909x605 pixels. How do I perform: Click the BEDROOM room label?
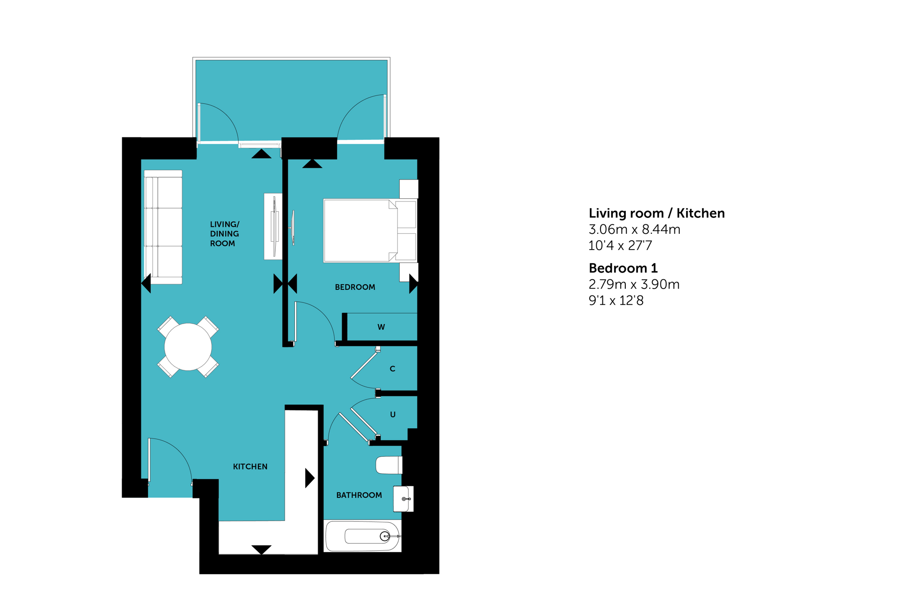(355, 287)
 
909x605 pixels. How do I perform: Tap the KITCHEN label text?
(250, 467)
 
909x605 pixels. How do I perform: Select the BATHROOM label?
(359, 495)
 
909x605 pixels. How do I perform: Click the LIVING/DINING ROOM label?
(225, 234)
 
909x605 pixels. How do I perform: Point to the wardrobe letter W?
(381, 327)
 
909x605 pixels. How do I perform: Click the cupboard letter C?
(393, 369)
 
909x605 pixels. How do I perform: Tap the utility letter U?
(393, 415)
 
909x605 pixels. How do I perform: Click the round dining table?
(188, 347)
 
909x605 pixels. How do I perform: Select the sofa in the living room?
(163, 227)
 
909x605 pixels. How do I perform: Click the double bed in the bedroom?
(370, 230)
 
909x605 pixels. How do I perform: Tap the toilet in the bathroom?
(389, 465)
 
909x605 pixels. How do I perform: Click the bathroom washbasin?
(403, 499)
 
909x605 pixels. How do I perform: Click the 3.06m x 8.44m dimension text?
(634, 230)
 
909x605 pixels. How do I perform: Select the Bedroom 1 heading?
(623, 268)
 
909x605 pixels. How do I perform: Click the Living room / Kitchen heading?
(657, 214)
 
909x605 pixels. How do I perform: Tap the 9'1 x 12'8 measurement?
(616, 301)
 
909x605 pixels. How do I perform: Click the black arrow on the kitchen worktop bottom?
(261, 550)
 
